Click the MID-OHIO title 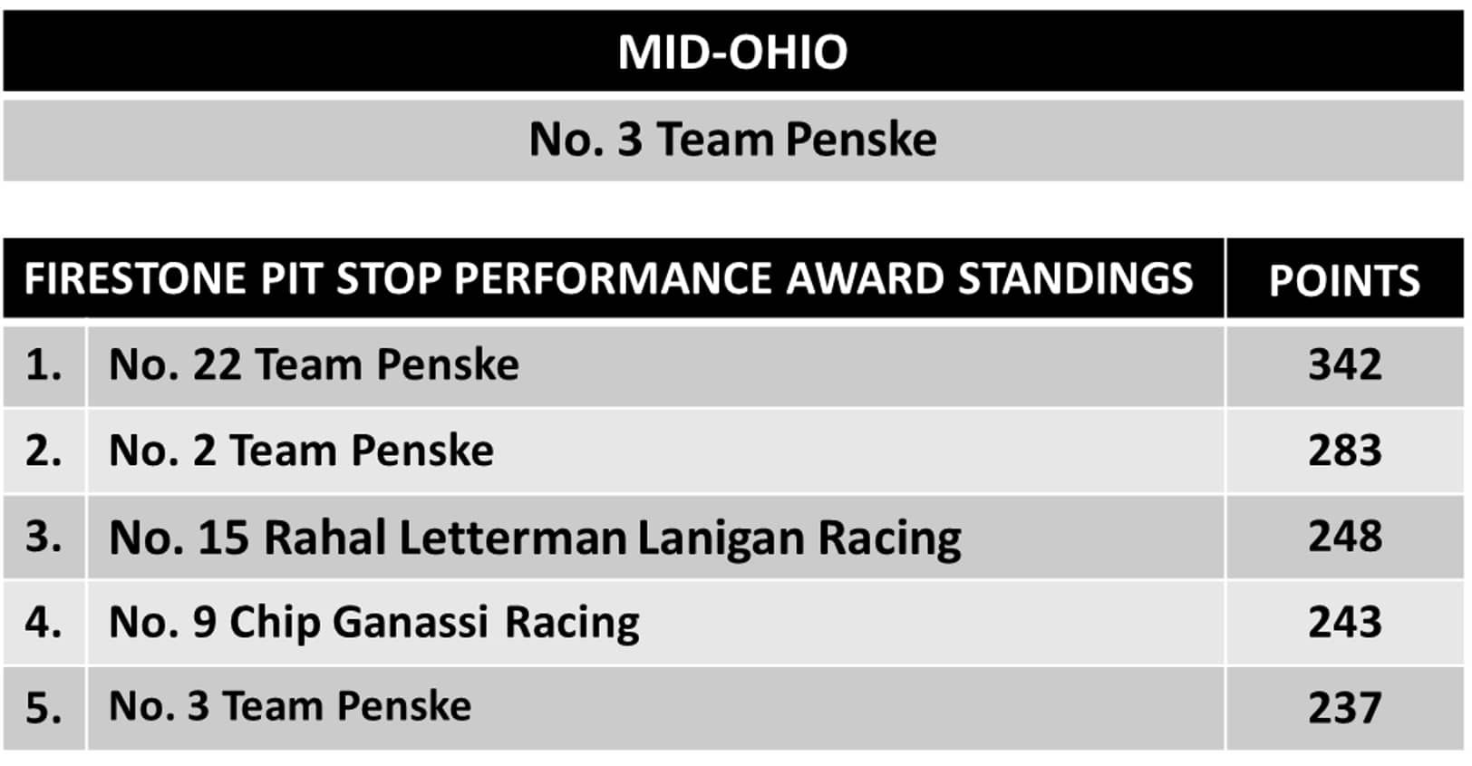(732, 52)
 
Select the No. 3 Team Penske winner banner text (732, 140)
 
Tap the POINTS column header (1344, 281)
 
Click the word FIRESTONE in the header (135, 278)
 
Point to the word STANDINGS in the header (1075, 278)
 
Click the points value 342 (1345, 364)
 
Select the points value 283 (1345, 451)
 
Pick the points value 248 (1345, 537)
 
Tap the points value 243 (1345, 622)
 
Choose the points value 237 (1345, 708)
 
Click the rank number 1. (44, 364)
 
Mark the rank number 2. (44, 451)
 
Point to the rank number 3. (44, 537)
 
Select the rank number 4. (44, 622)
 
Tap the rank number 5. (44, 708)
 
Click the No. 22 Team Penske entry (315, 364)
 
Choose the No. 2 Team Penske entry (302, 451)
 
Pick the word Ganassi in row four (411, 622)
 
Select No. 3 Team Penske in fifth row (290, 706)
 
